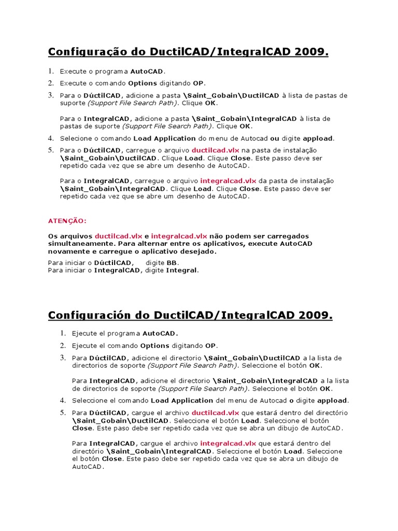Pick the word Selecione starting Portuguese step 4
[x=76, y=138]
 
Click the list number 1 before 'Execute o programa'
[x=51, y=71]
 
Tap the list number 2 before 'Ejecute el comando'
[x=62, y=345]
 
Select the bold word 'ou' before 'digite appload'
[x=275, y=138]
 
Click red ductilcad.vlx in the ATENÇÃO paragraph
[x=119, y=235]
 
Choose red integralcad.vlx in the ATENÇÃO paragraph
[x=179, y=235]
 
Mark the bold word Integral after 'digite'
[x=181, y=270]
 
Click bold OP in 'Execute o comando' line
[x=198, y=83]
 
